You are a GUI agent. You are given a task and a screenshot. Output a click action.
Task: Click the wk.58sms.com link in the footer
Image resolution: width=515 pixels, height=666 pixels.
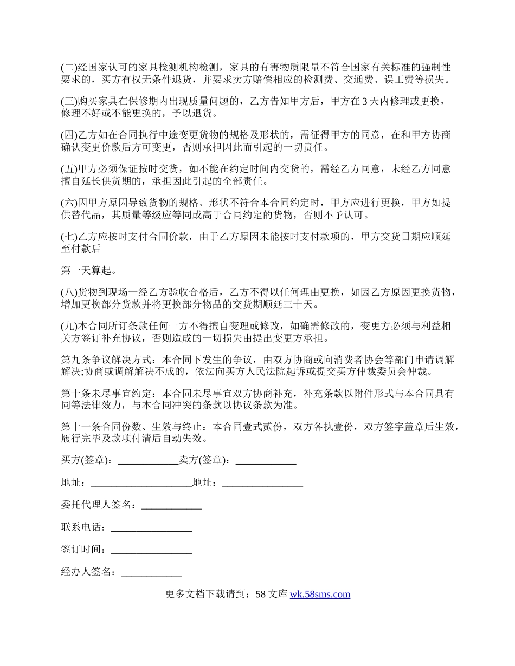pos(320,595)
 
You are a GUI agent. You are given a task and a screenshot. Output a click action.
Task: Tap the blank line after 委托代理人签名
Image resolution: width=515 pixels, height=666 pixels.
pos(171,505)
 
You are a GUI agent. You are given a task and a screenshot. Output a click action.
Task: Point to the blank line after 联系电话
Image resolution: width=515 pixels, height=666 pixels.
pos(151,527)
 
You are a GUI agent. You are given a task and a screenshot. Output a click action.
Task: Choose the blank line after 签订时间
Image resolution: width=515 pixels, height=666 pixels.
pos(151,550)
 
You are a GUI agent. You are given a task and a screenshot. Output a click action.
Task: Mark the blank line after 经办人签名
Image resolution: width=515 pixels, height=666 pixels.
pos(151,572)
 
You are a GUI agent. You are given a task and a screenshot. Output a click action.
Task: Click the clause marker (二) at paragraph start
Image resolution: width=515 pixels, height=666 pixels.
pos(69,68)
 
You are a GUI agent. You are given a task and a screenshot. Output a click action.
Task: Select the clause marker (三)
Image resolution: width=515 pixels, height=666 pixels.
pos(69,101)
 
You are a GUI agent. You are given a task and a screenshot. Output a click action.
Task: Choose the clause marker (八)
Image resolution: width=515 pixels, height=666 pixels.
pos(69,293)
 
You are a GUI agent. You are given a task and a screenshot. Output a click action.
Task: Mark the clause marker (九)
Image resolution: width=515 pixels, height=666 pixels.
pos(69,327)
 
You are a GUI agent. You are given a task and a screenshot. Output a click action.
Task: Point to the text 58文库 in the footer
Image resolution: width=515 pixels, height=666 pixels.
pos(271,595)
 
